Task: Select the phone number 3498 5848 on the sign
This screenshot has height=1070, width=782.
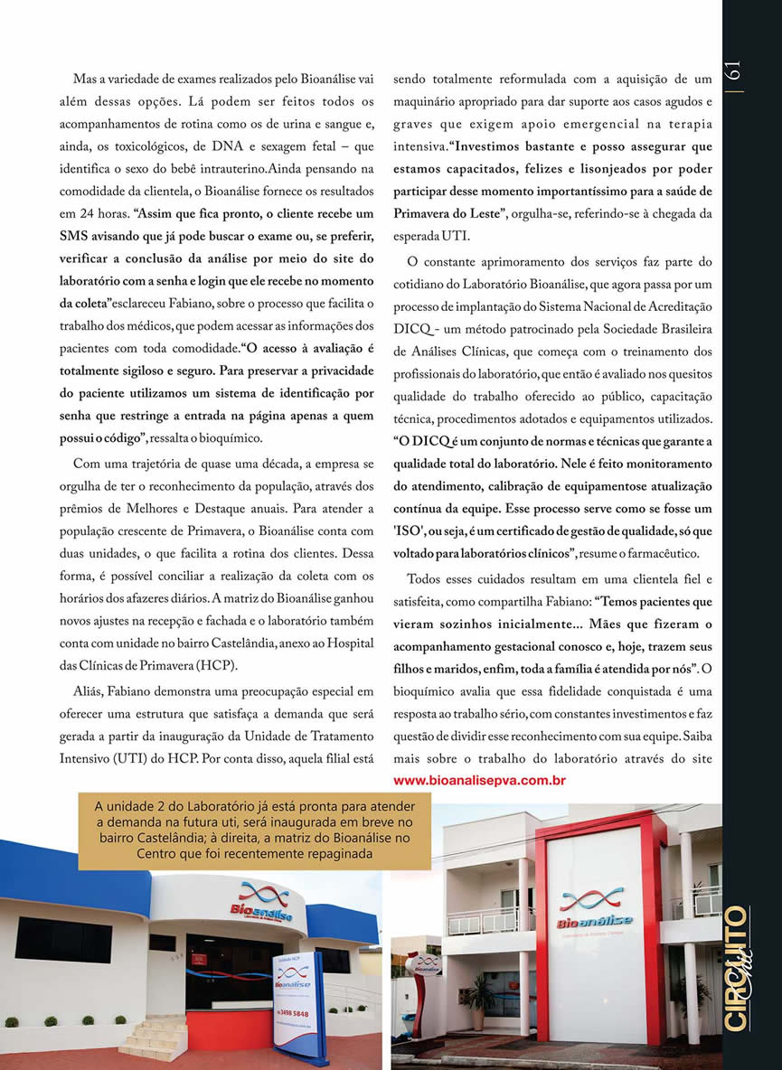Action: click(x=292, y=1013)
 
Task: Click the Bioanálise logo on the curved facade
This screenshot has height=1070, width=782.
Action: click(x=261, y=903)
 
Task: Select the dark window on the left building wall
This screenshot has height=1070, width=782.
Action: click(x=63, y=939)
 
